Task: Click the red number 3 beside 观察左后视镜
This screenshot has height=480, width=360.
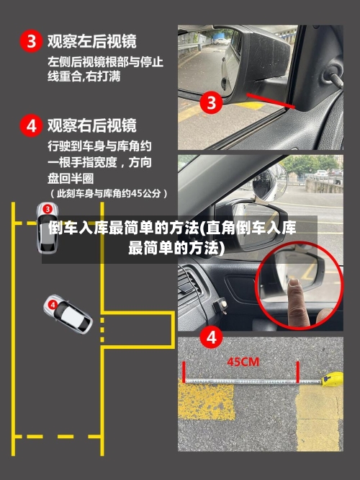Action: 30,41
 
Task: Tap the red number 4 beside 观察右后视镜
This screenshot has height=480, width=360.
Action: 30,126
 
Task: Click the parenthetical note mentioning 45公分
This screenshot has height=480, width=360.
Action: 109,193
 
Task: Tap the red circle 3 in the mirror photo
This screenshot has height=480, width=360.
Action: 211,102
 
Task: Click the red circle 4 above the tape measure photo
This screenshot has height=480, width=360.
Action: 211,336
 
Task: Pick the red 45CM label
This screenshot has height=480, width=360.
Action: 243,362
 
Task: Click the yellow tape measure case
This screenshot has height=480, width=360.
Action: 333,378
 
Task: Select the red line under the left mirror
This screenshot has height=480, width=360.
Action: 270,101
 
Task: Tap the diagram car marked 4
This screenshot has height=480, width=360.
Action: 68,314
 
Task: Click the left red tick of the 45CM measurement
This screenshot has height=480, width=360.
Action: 185,372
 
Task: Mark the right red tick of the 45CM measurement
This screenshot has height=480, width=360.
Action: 297,373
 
